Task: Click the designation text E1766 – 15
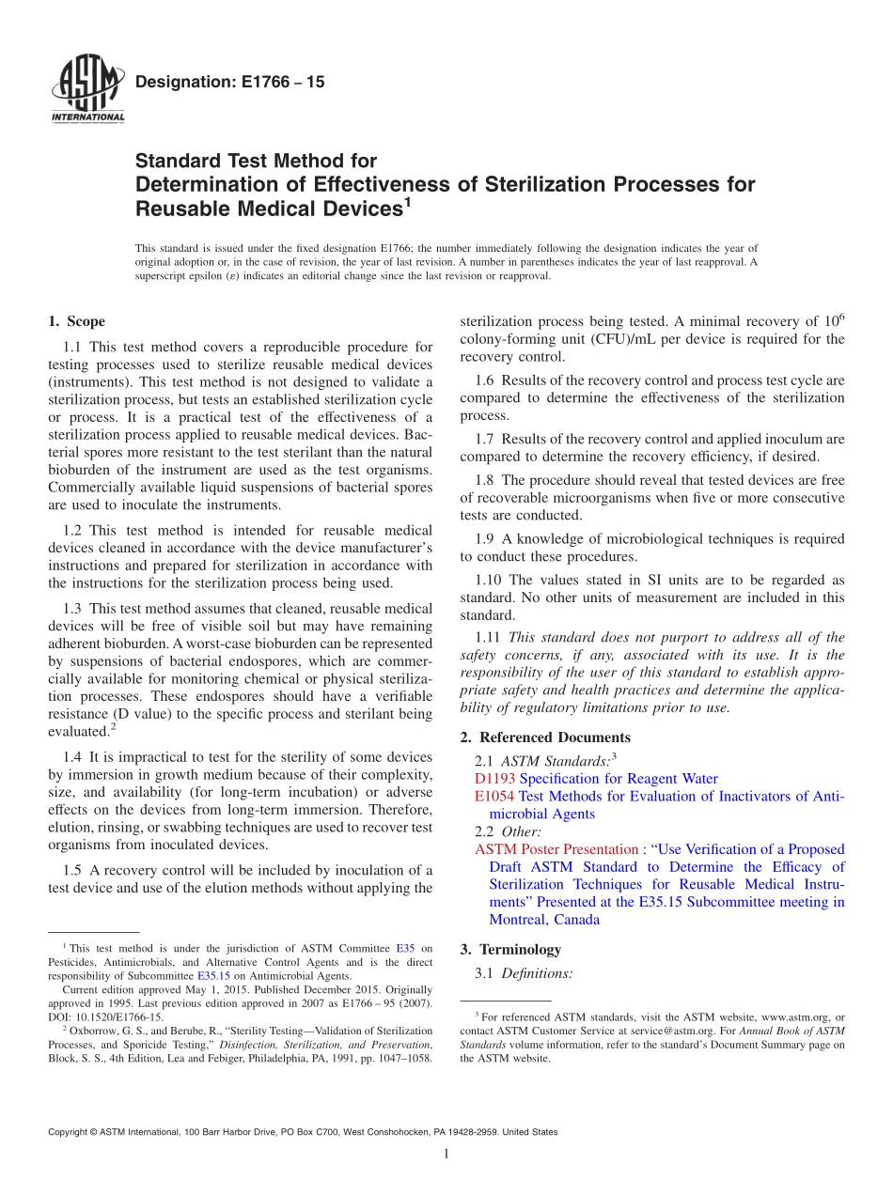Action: coord(230,83)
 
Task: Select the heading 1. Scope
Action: coord(76,321)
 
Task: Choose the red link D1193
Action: coord(494,779)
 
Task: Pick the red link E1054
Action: coord(494,797)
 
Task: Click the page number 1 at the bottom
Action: coord(446,1154)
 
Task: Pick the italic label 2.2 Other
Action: coord(508,831)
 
